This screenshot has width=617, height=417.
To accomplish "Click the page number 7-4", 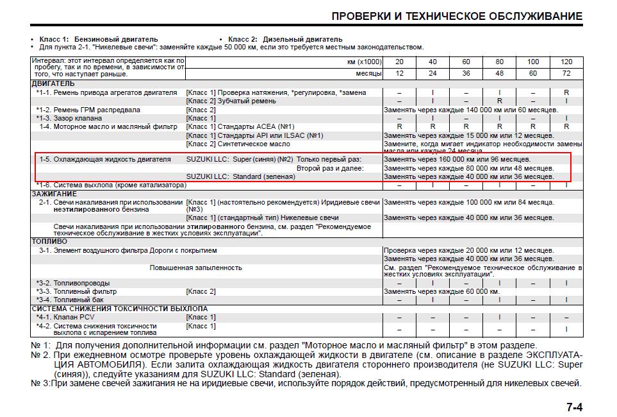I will [574, 407].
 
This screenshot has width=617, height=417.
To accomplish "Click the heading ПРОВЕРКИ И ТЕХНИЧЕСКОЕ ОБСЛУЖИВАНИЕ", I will [457, 16].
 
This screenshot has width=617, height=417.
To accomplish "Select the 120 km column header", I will [566, 62].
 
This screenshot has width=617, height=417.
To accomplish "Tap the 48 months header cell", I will [499, 73].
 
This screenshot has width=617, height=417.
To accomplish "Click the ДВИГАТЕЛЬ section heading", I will [53, 83].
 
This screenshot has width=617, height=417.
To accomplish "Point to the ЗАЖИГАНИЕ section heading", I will [54, 194].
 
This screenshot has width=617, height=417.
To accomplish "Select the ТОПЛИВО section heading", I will [49, 241].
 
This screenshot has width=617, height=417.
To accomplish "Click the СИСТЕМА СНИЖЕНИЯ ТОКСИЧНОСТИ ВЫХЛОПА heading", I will [119, 309].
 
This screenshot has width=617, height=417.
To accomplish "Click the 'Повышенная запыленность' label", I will [195, 267].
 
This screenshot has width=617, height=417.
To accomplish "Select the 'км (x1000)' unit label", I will [363, 62].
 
